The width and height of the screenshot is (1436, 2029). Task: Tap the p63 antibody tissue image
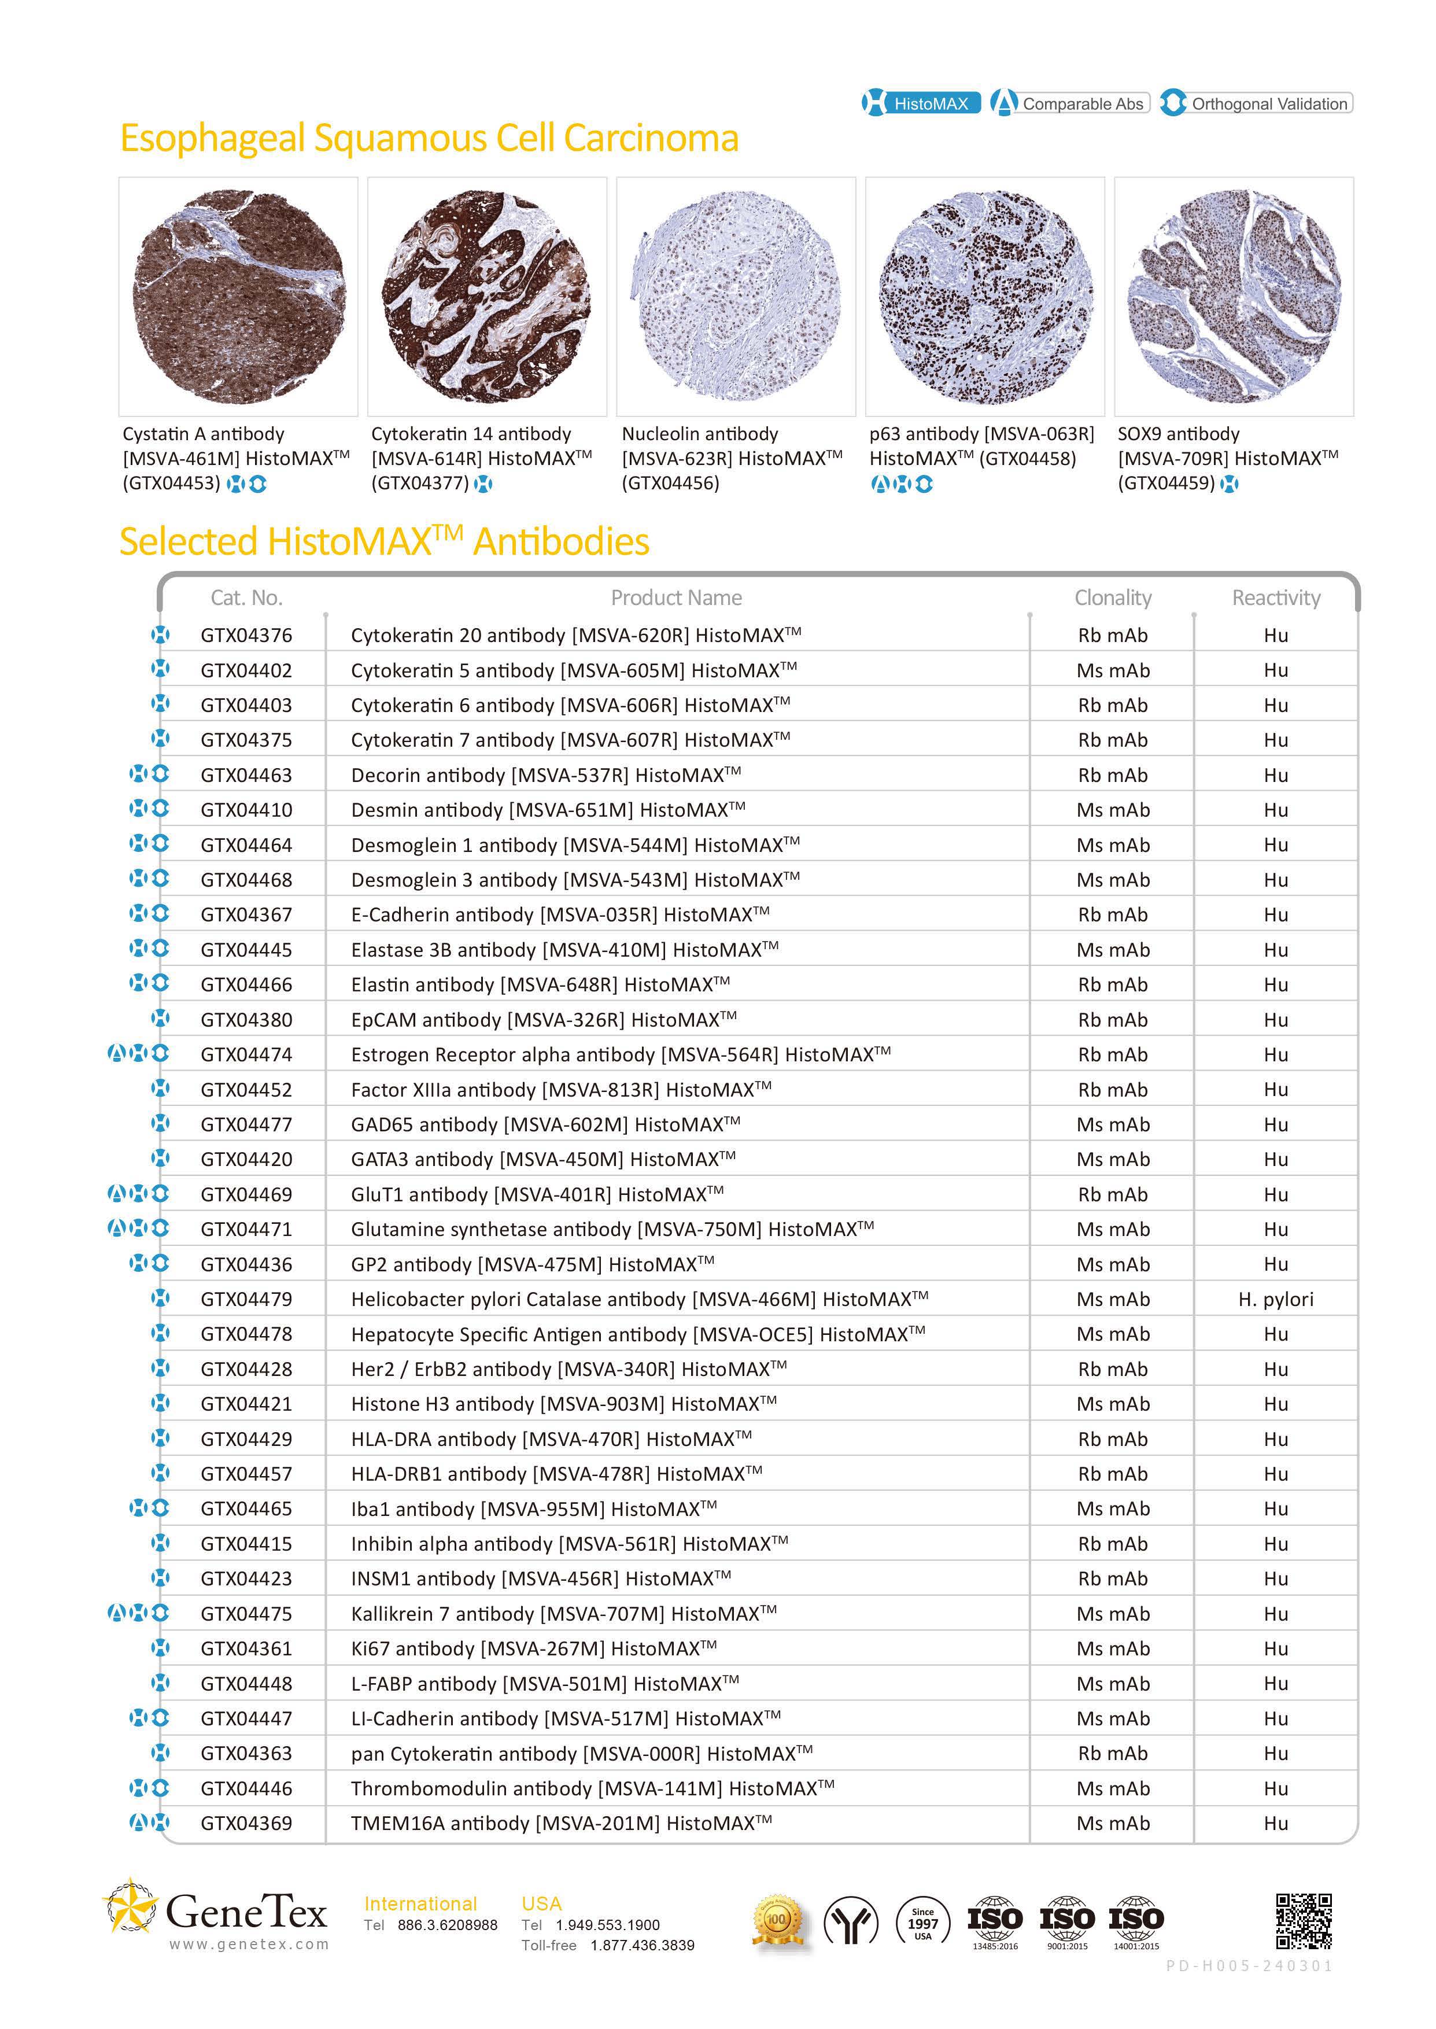(x=984, y=296)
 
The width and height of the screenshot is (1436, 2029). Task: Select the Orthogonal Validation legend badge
(x=1256, y=104)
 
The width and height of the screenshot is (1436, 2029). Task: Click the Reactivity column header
(x=1275, y=597)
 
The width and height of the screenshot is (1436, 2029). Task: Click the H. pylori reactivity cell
(x=1275, y=1298)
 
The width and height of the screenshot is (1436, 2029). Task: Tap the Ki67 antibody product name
(x=533, y=1648)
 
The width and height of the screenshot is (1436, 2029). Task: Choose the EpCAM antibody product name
(x=543, y=1019)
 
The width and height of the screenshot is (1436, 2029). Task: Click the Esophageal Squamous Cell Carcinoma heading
(x=429, y=139)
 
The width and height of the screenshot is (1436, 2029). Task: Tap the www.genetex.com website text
(x=249, y=1944)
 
